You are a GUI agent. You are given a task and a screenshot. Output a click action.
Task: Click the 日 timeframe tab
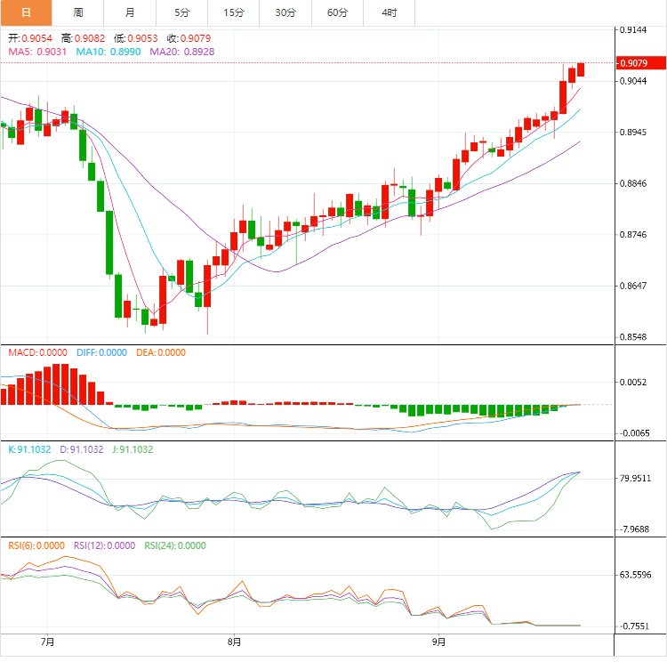pyautogui.click(x=26, y=12)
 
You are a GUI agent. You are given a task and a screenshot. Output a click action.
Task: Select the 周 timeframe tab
pyautogui.click(x=78, y=12)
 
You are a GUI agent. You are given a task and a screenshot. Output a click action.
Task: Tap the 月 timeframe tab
pyautogui.click(x=131, y=12)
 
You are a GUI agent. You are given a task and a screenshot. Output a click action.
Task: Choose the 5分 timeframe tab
pyautogui.click(x=182, y=12)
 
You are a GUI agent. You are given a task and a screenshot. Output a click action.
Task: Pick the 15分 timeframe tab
pyautogui.click(x=234, y=12)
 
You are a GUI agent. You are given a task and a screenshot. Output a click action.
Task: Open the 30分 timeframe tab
pyautogui.click(x=285, y=12)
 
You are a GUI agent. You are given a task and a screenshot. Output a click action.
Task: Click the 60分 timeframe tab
pyautogui.click(x=338, y=12)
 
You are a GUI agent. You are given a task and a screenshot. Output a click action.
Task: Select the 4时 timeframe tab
pyautogui.click(x=390, y=12)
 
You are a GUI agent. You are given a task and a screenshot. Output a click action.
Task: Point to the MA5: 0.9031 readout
pyautogui.click(x=38, y=52)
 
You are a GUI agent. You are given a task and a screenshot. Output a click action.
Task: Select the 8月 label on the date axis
pyautogui.click(x=234, y=641)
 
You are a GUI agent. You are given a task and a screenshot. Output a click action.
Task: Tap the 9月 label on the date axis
pyautogui.click(x=438, y=641)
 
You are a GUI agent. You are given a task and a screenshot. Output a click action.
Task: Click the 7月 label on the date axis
pyautogui.click(x=48, y=641)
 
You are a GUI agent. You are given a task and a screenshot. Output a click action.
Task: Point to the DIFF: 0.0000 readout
pyautogui.click(x=102, y=352)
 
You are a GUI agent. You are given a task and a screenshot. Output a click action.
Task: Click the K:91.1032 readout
pyautogui.click(x=31, y=449)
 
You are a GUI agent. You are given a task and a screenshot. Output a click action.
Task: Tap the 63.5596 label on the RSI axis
pyautogui.click(x=636, y=575)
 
